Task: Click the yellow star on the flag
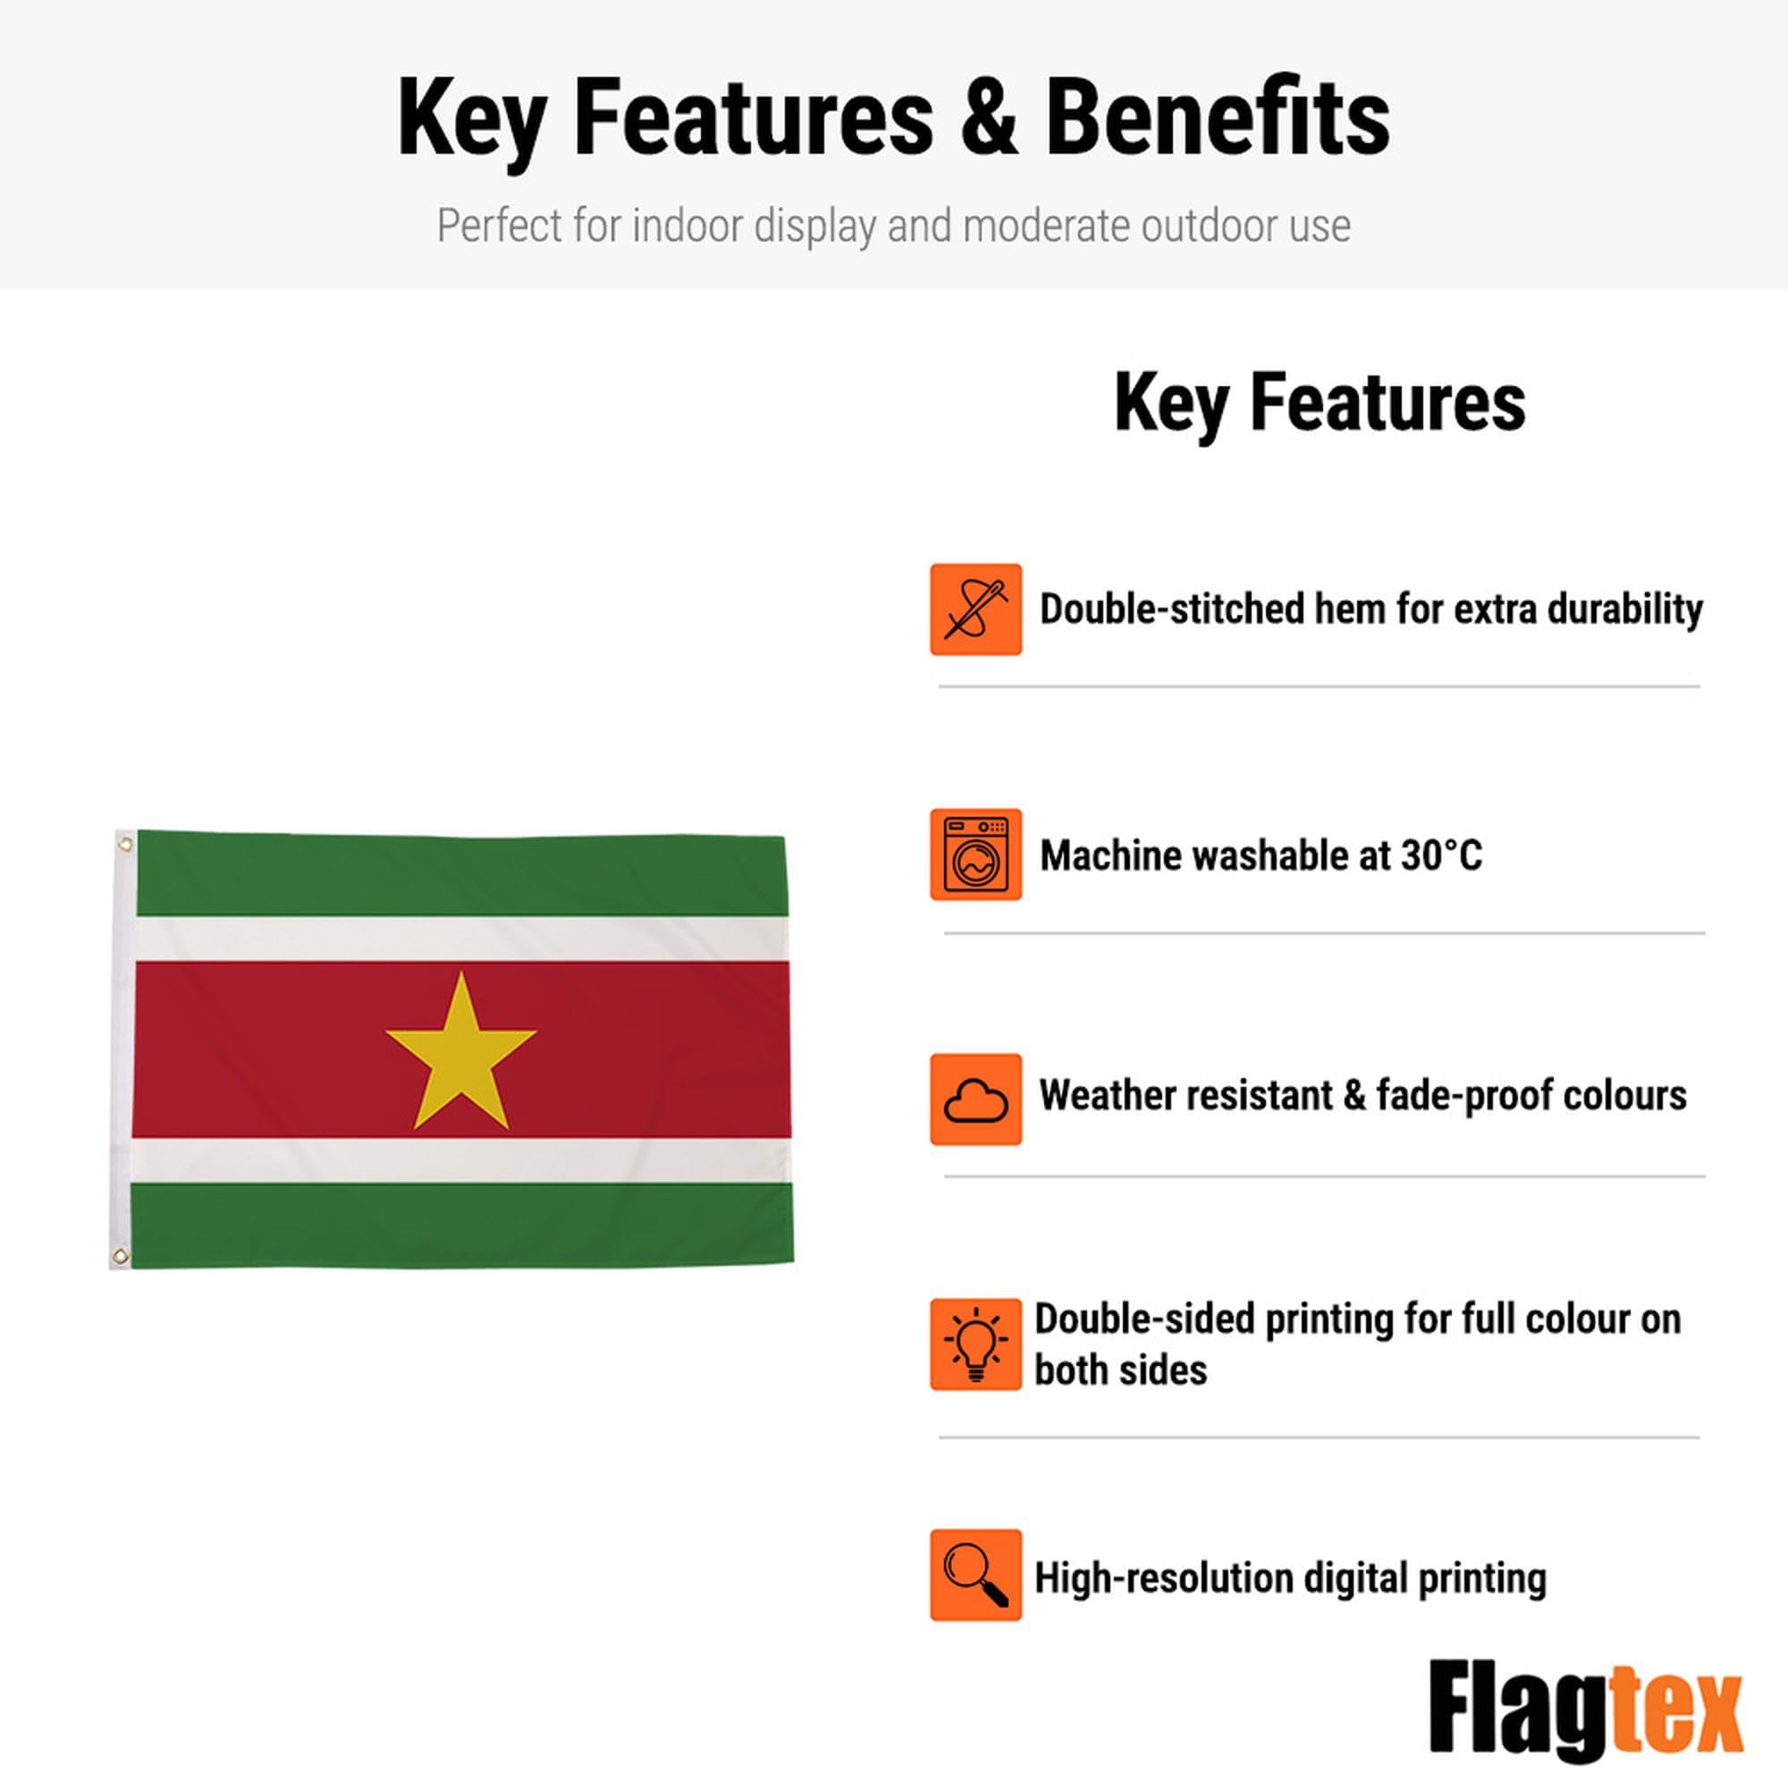(461, 1055)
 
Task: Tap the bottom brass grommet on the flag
(120, 1256)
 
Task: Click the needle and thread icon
(975, 610)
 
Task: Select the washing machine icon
(975, 854)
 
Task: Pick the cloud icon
(975, 1100)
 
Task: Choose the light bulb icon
(975, 1344)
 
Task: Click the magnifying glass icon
(975, 1575)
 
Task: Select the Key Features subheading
(1320, 402)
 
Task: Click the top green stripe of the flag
(461, 874)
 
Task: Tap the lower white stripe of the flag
(461, 1160)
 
